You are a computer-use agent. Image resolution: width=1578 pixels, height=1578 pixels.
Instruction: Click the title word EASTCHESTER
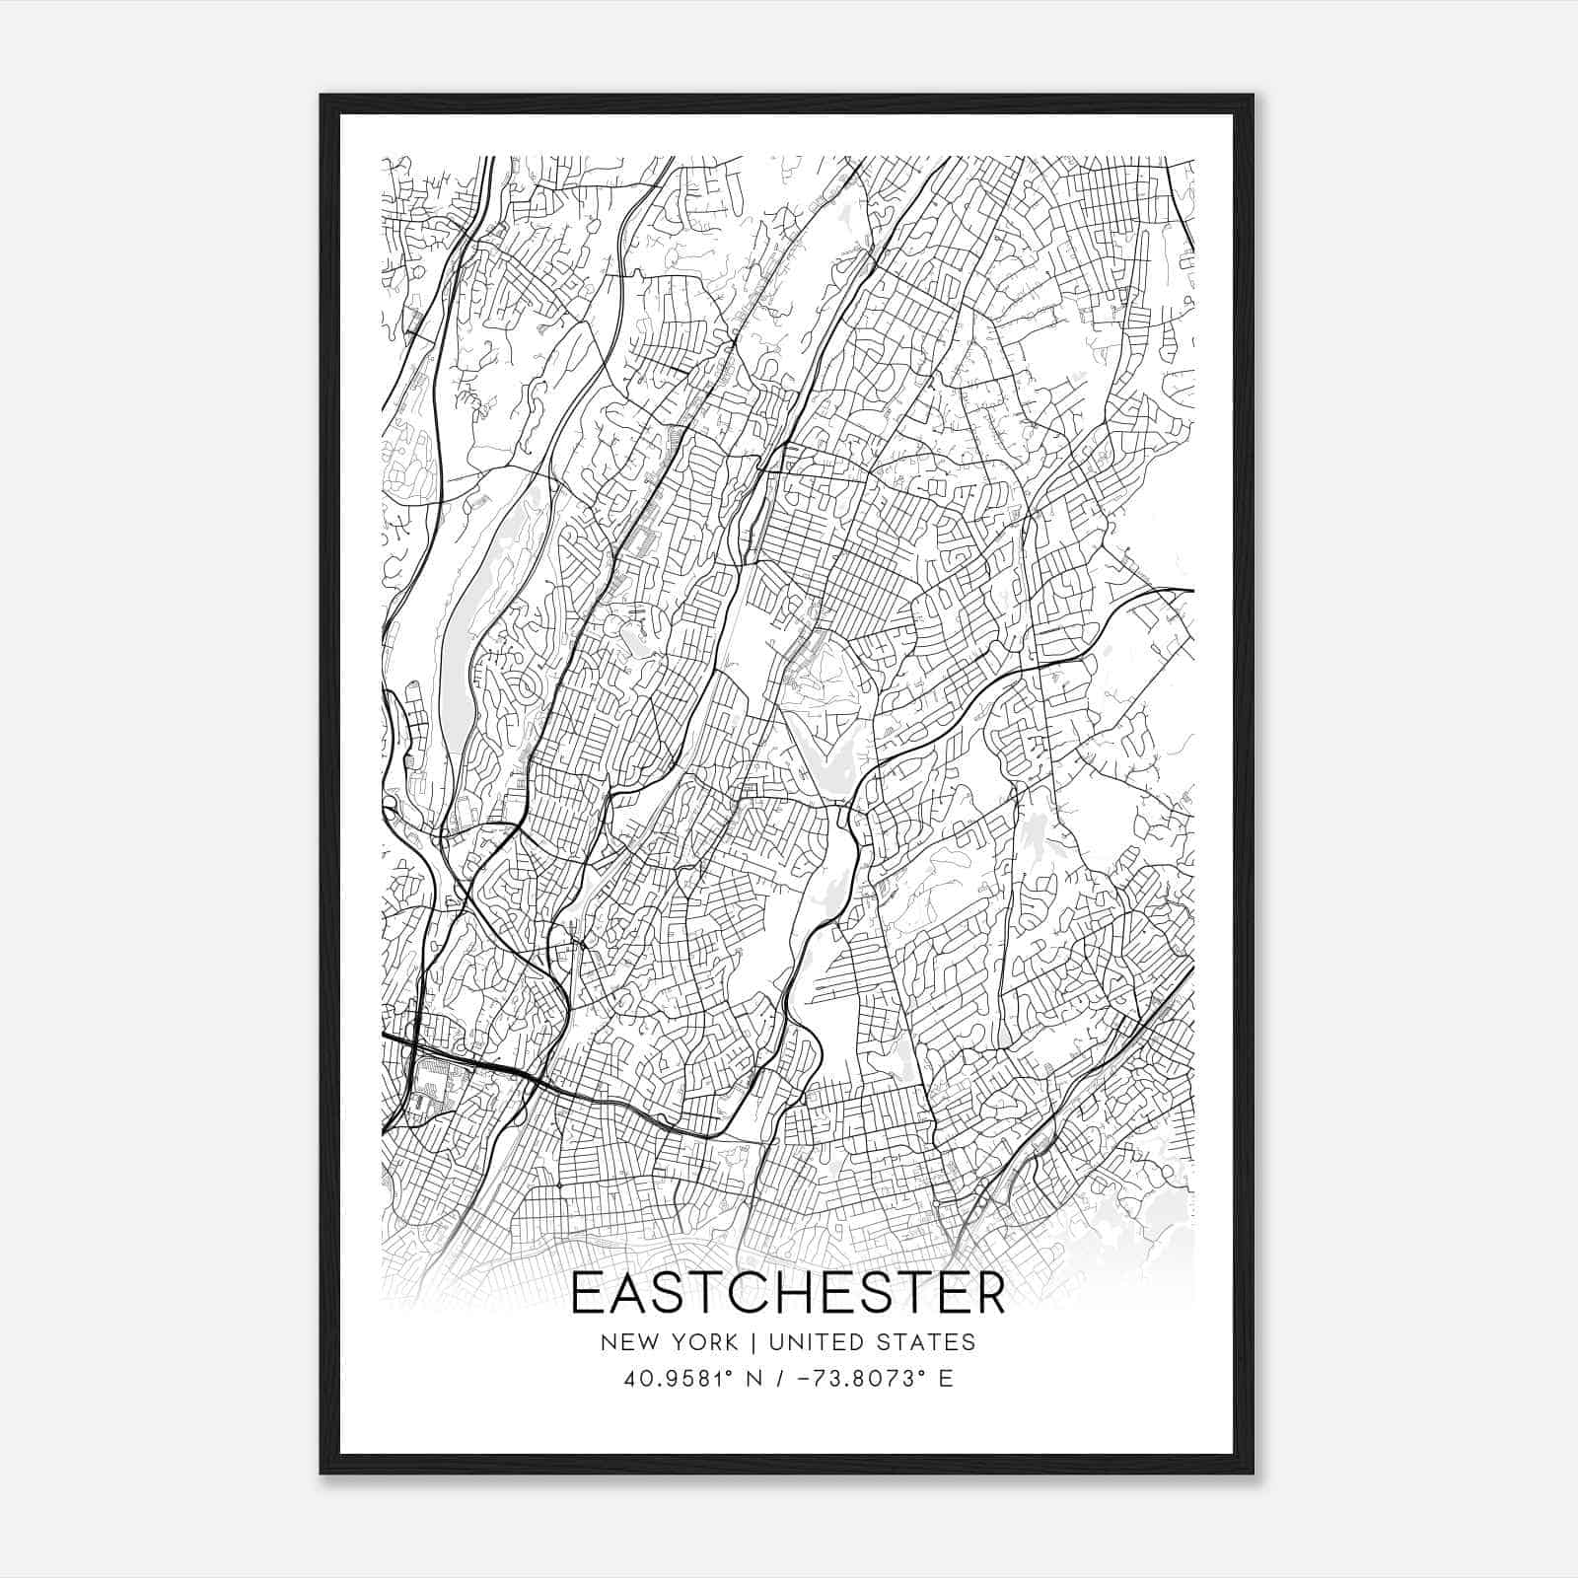pos(788,1294)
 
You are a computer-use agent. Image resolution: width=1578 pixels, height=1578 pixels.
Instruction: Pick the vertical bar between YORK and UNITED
pos(753,1341)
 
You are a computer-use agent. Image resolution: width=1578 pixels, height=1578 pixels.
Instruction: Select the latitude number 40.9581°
pos(669,1379)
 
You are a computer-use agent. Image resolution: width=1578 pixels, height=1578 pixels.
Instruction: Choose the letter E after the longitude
pos(946,1379)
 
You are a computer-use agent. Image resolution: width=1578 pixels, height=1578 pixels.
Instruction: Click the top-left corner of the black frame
pos(323,97)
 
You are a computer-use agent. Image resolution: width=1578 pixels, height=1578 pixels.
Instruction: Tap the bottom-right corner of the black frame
pos(1253,1472)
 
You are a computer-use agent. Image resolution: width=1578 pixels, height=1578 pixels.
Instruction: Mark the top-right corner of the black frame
pos(1253,97)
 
